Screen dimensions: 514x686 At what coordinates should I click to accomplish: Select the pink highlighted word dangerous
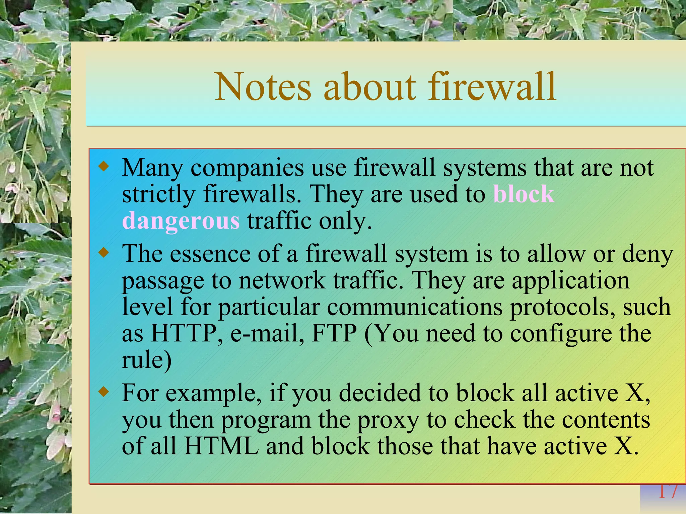tap(181, 221)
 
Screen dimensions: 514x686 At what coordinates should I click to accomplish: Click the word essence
tap(210, 254)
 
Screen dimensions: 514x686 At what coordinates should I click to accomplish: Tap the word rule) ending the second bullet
tap(146, 360)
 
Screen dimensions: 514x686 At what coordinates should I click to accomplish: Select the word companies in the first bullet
tap(247, 168)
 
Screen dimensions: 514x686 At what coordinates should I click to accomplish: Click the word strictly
tap(158, 194)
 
